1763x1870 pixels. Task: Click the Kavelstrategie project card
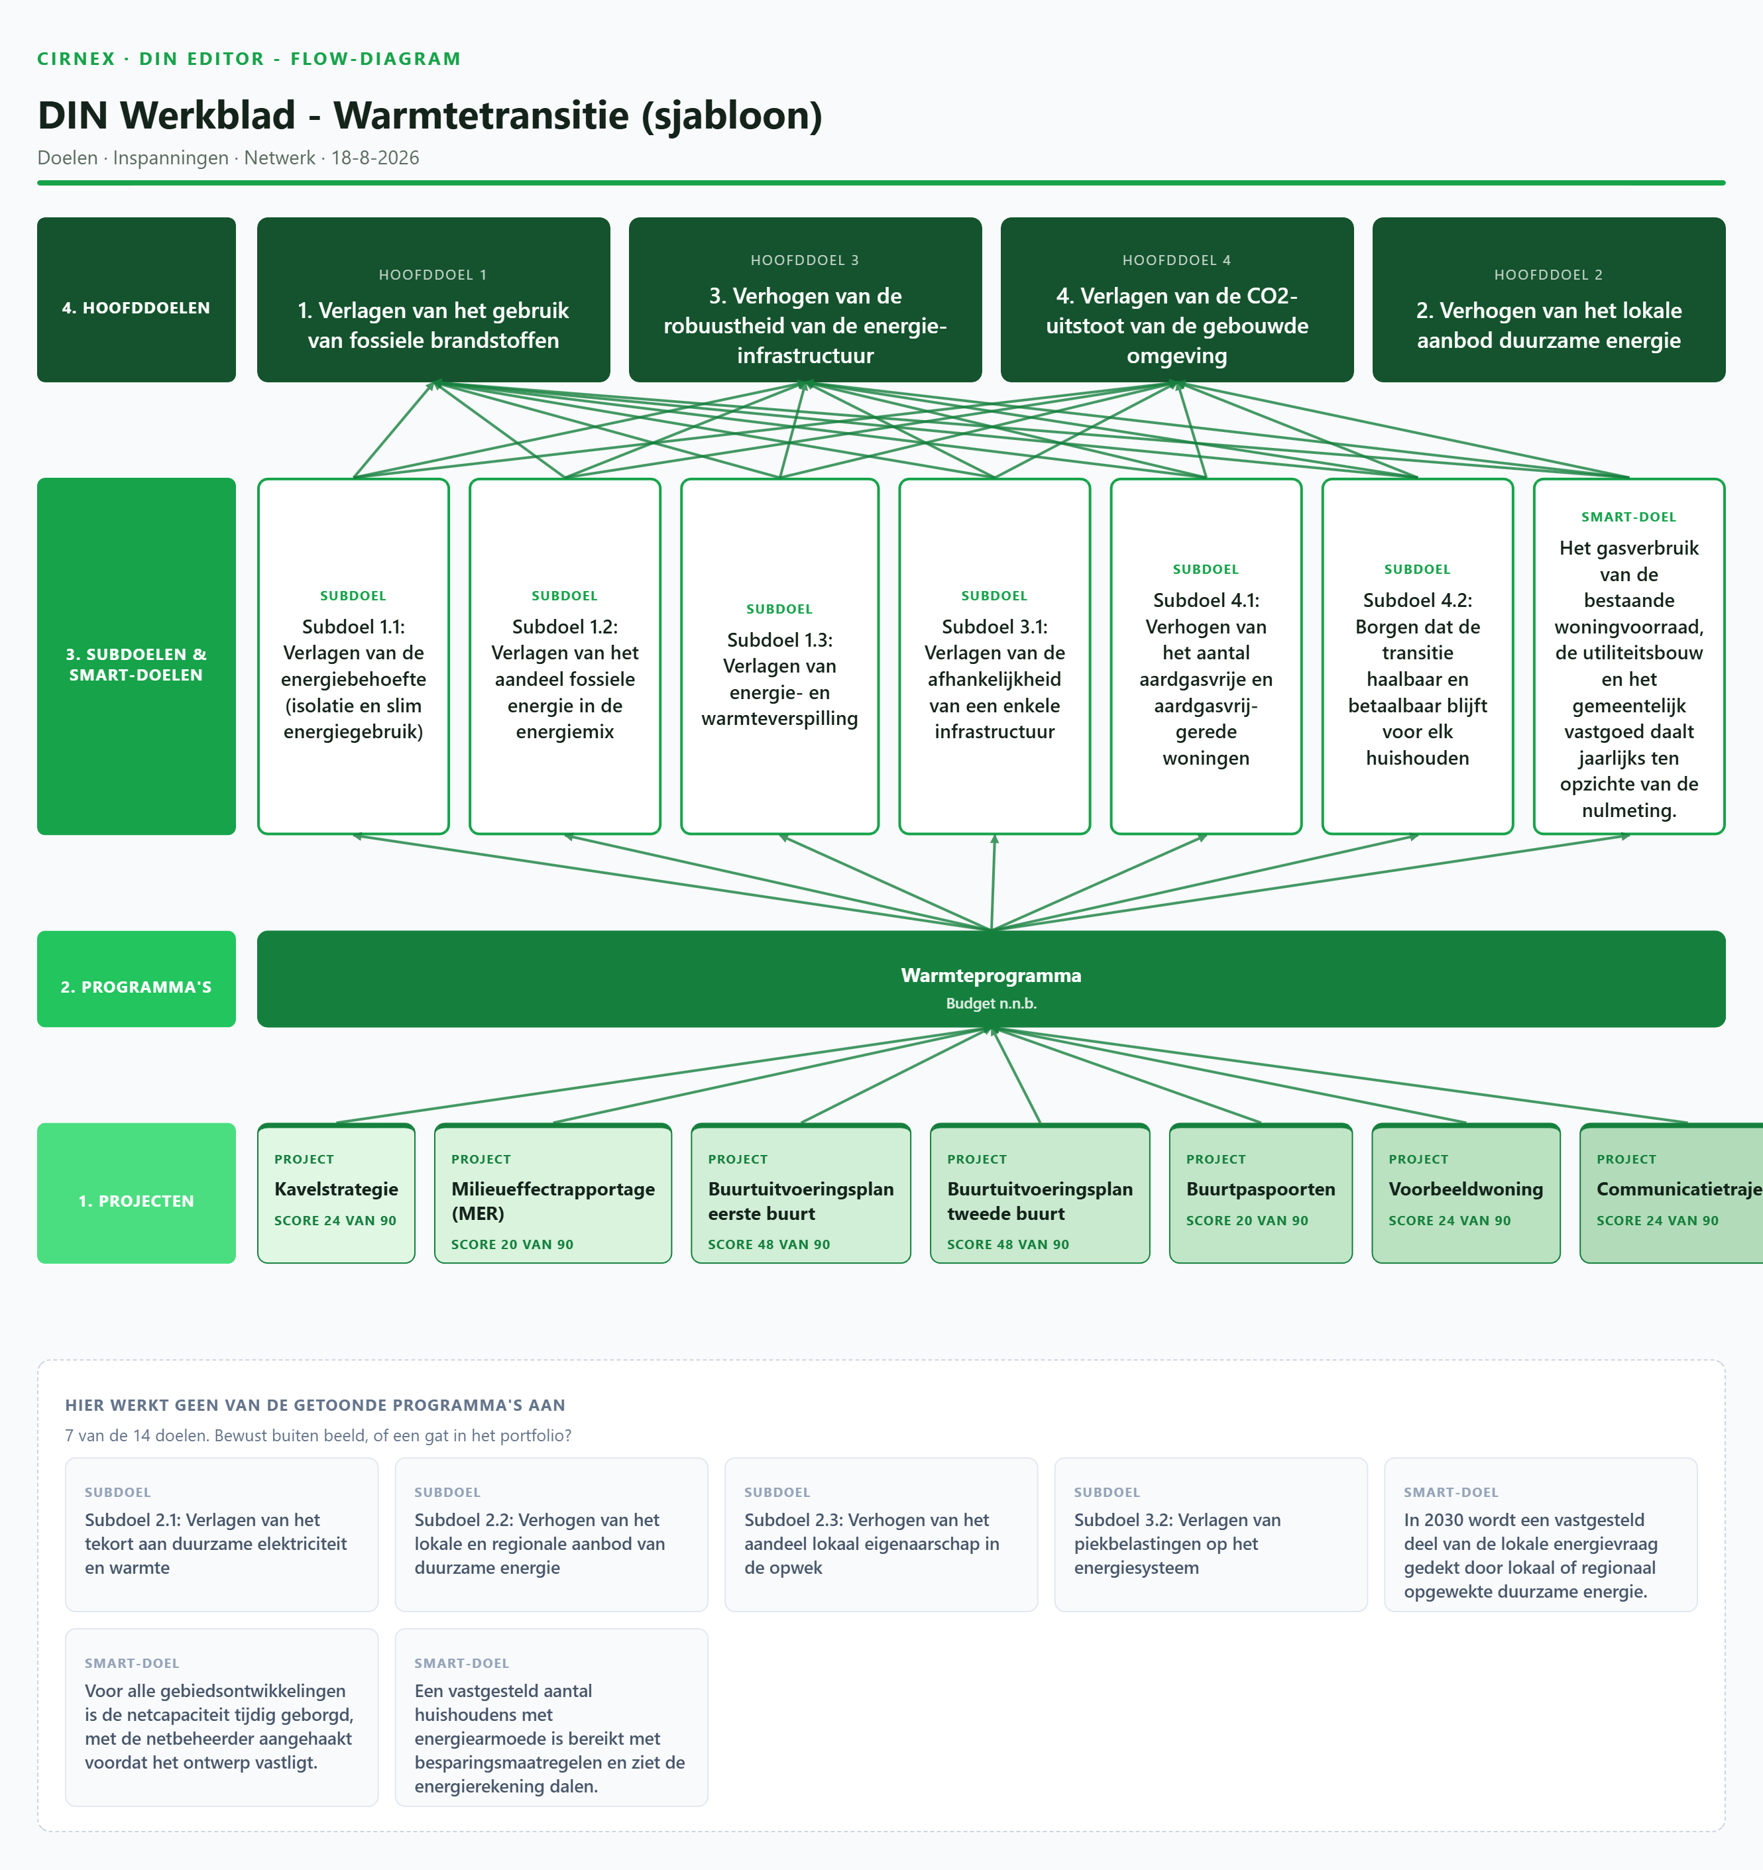click(336, 1193)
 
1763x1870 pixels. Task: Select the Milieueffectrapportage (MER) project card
click(553, 1193)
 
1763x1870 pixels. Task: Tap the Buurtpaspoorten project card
click(1261, 1193)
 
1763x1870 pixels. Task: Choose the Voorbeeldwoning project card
click(1465, 1193)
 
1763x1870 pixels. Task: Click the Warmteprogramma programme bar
click(991, 978)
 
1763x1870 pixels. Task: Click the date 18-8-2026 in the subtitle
click(374, 158)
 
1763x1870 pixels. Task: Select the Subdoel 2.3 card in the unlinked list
click(881, 1534)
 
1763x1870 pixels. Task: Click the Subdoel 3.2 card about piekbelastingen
click(1211, 1534)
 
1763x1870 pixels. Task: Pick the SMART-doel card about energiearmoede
click(551, 1718)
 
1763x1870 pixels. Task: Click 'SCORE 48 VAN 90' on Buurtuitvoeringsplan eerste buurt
click(769, 1244)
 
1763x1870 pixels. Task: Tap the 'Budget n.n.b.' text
click(991, 1004)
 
